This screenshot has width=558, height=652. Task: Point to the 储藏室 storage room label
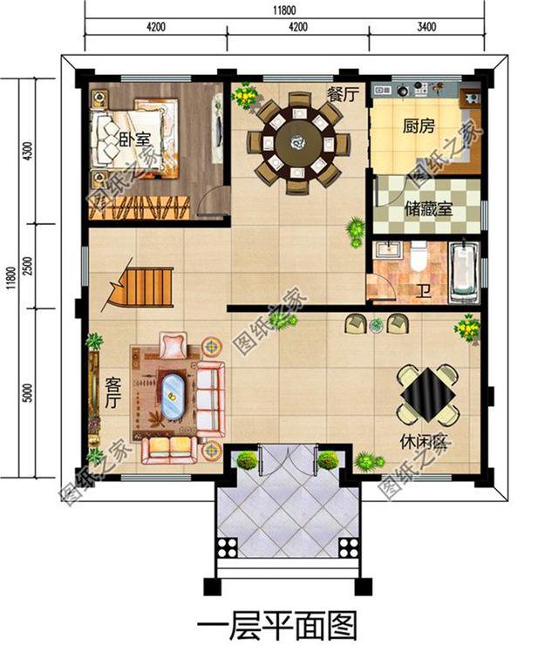[428, 209]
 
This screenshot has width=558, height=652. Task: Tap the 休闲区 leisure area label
[424, 443]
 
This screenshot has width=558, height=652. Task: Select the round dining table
[300, 139]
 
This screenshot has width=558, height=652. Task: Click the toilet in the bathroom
[418, 255]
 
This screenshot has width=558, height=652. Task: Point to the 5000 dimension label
[27, 391]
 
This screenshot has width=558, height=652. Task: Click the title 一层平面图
[277, 627]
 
